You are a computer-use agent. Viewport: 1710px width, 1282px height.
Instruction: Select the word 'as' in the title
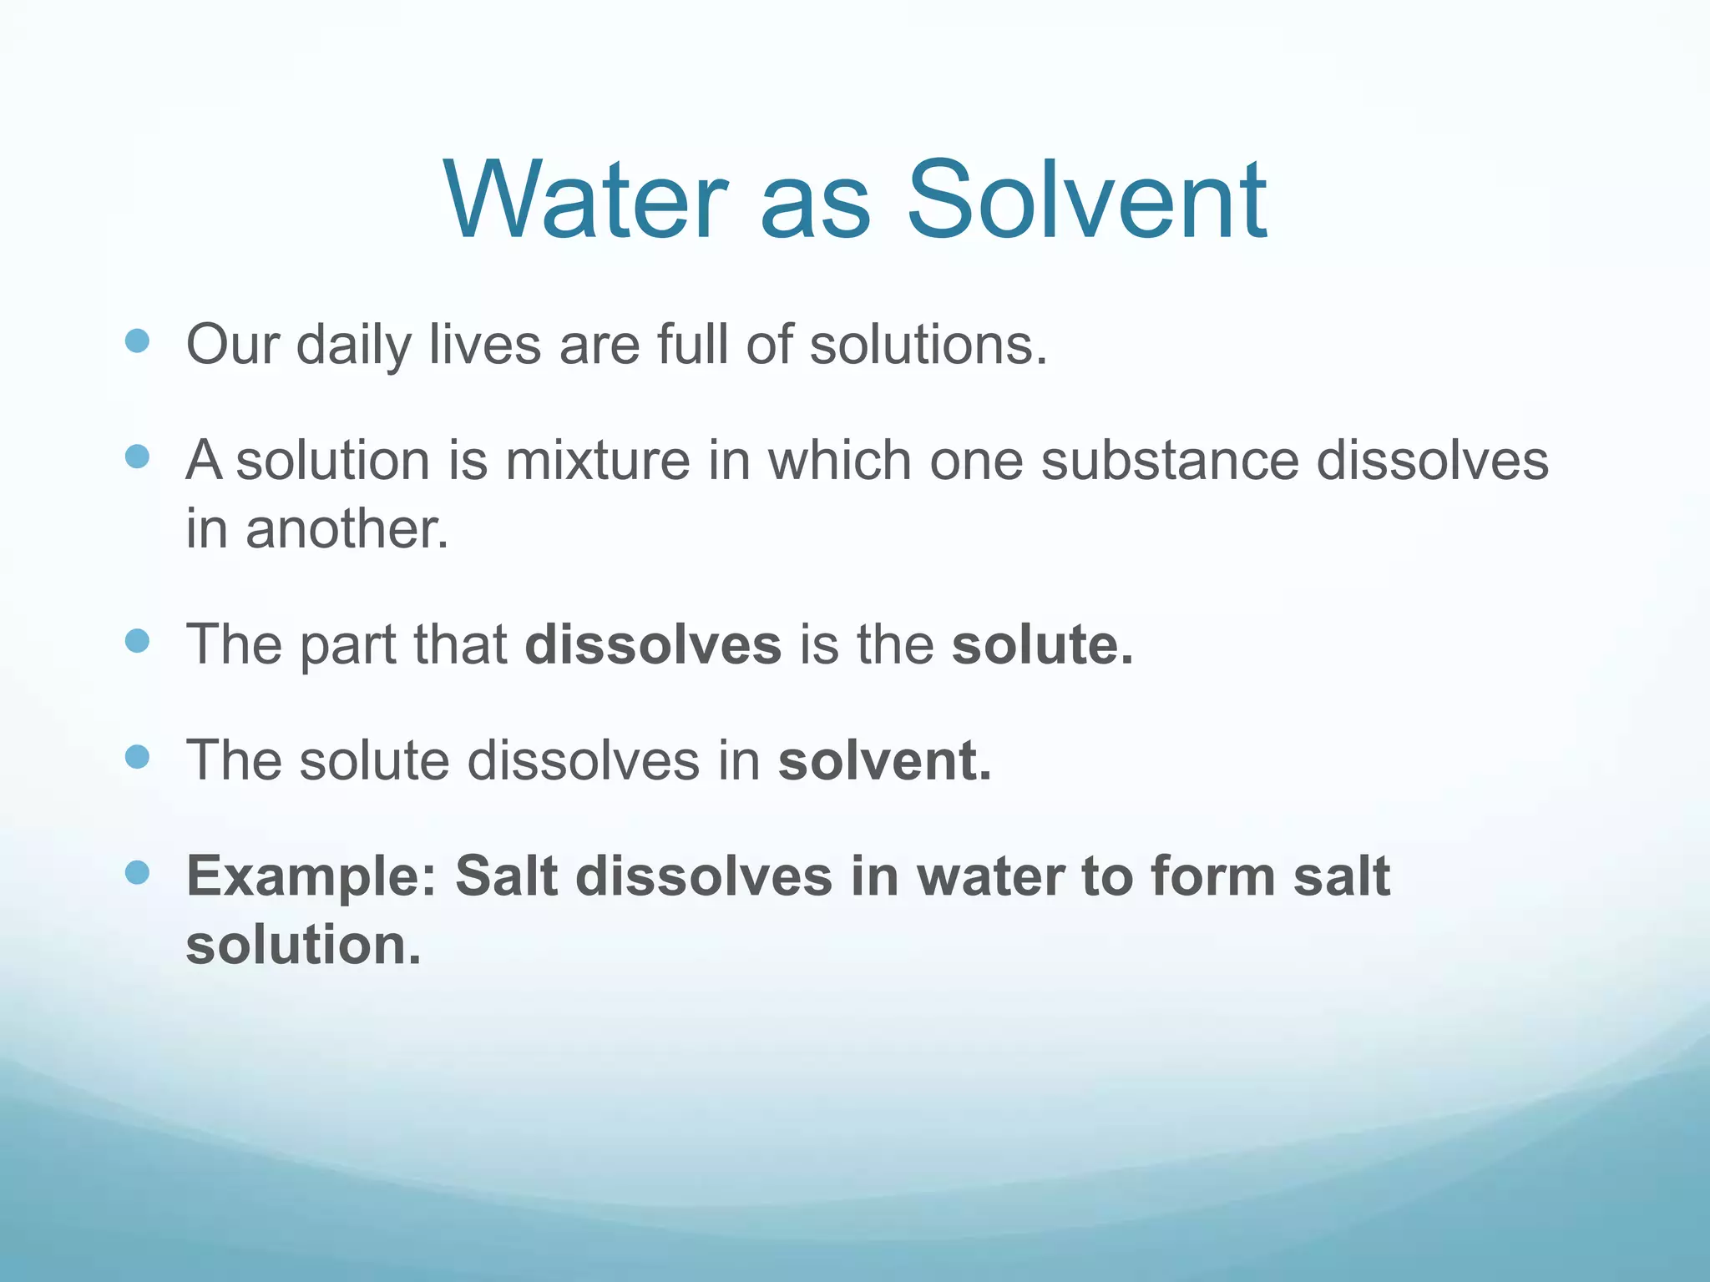(815, 209)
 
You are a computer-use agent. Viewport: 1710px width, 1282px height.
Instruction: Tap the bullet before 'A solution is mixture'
(137, 457)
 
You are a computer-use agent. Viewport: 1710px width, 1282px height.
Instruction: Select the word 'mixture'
(598, 461)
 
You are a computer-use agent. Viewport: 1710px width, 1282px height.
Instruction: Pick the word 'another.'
(347, 529)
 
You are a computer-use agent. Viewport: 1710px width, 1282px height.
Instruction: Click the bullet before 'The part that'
(137, 641)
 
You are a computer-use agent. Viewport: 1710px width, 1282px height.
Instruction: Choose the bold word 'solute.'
(1043, 644)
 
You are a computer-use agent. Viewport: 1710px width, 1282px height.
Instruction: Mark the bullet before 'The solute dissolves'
(137, 757)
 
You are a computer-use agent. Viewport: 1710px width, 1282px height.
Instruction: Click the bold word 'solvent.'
(885, 760)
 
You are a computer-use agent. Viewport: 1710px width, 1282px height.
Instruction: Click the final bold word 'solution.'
(303, 945)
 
